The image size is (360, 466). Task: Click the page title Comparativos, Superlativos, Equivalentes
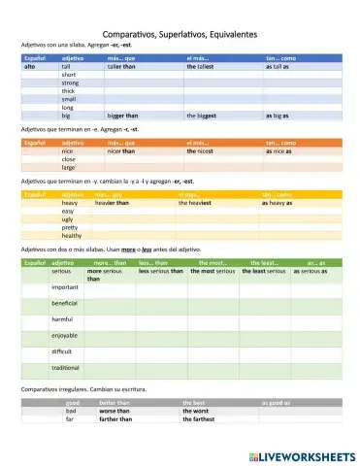pyautogui.click(x=180, y=34)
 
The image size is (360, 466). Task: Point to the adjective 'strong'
pyautogui.click(x=70, y=83)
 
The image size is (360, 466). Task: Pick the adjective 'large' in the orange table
pyautogui.click(x=69, y=168)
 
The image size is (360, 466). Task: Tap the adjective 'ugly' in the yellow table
pyautogui.click(x=68, y=219)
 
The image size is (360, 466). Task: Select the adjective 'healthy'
pyautogui.click(x=72, y=236)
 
